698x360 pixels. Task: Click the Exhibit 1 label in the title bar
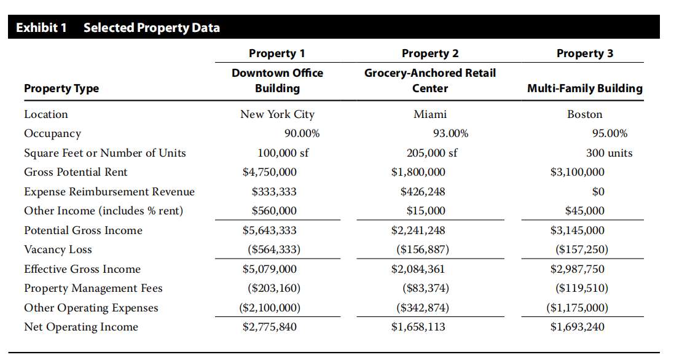point(41,28)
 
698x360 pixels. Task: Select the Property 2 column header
point(430,53)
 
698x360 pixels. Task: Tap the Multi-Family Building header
point(585,88)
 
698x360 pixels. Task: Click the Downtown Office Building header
point(277,80)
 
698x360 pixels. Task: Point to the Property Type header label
point(61,88)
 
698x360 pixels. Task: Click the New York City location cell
point(277,114)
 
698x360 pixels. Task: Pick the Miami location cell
point(430,114)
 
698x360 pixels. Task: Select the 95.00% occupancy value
point(610,133)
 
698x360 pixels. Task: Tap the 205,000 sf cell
point(432,153)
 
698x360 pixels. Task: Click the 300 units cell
point(609,153)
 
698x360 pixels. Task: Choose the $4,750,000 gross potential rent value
point(269,172)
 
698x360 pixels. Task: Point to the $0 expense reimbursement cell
point(598,192)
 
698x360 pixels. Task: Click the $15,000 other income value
point(425,211)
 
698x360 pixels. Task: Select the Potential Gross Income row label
point(83,230)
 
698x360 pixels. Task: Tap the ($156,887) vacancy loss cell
point(423,249)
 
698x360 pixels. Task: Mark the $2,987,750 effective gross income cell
point(578,269)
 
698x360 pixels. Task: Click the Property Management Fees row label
point(93,288)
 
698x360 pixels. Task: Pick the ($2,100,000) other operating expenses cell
point(269,308)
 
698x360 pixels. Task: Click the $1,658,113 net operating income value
point(418,327)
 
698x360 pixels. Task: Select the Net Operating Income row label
point(81,327)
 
